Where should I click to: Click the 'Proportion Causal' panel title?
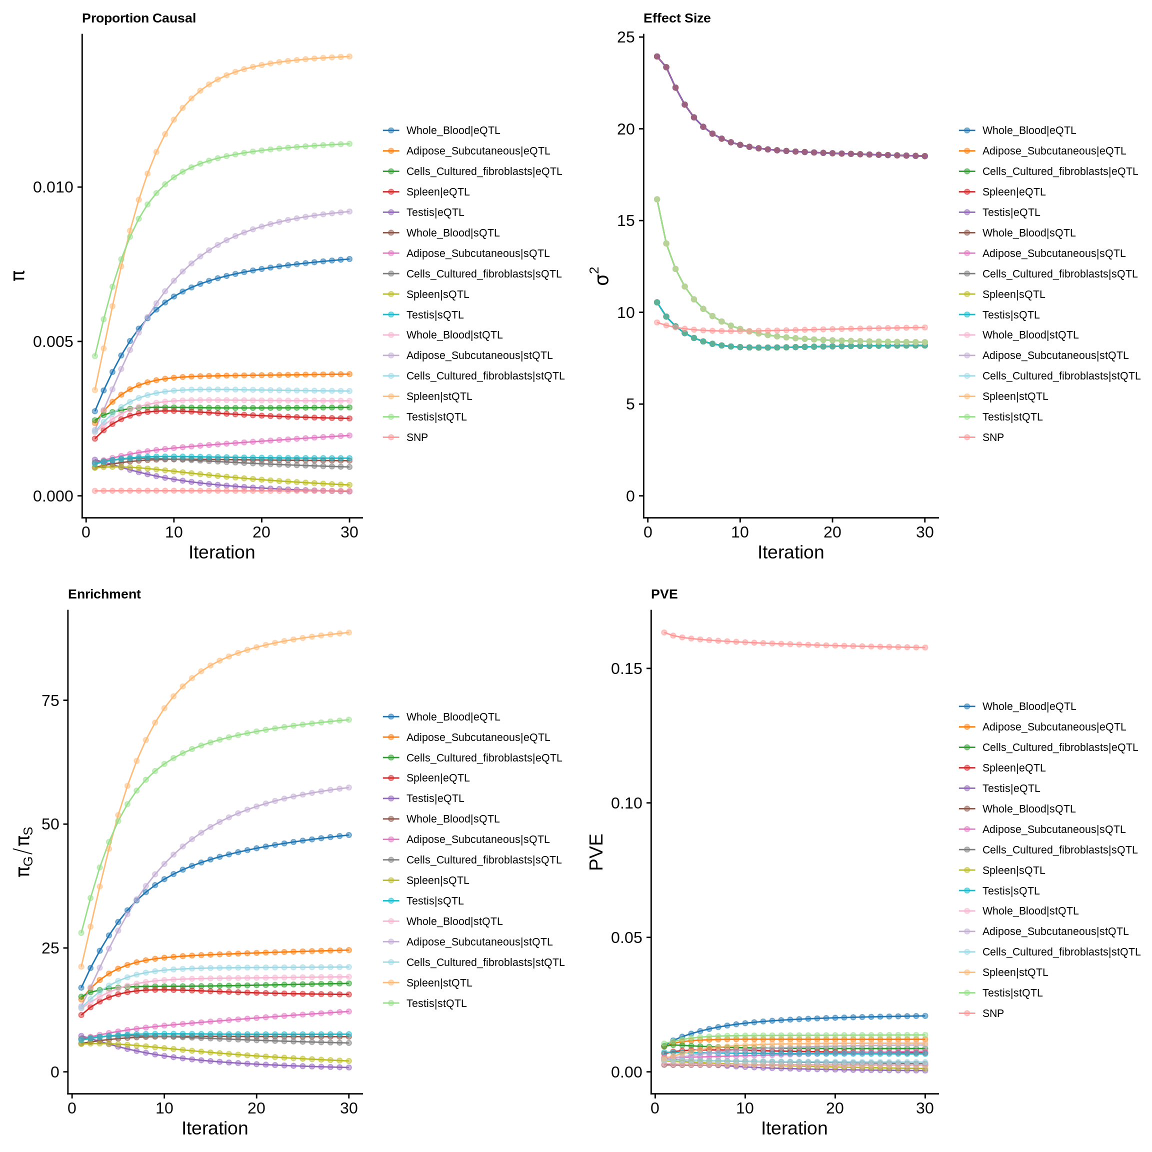click(138, 18)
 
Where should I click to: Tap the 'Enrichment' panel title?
click(104, 594)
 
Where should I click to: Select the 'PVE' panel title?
click(664, 594)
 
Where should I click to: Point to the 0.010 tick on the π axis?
click(52, 187)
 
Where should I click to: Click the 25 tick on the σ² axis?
click(626, 37)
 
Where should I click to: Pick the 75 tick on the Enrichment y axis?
click(50, 700)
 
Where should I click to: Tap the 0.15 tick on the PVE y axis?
click(626, 668)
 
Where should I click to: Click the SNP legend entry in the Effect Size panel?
click(993, 437)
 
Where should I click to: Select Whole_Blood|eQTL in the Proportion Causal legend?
click(452, 130)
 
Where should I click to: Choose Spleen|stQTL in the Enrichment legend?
click(439, 982)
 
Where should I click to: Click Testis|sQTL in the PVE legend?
click(1010, 891)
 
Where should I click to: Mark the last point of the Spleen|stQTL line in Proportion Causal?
click(349, 56)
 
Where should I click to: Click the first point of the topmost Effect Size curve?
click(657, 56)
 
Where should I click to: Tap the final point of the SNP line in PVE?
click(925, 647)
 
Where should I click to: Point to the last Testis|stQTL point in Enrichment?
click(349, 719)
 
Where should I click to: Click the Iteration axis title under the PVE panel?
click(793, 1128)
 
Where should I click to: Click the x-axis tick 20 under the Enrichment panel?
click(256, 1108)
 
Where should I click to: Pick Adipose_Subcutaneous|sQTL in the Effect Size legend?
click(1053, 253)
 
